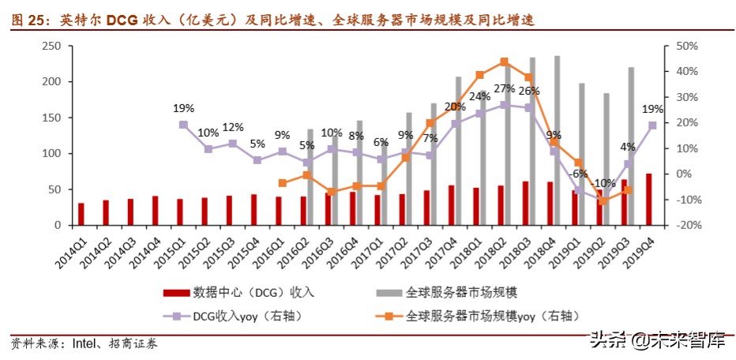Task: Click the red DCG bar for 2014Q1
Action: [x=81, y=214]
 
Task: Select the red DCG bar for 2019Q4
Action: [x=649, y=200]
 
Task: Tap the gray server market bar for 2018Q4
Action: [x=558, y=141]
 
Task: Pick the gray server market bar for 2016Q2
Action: [x=310, y=177]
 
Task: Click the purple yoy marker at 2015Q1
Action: [x=183, y=125]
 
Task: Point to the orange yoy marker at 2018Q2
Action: [x=504, y=62]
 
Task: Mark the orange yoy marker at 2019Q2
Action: [x=603, y=201]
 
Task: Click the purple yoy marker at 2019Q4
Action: [x=652, y=125]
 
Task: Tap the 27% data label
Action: [x=504, y=88]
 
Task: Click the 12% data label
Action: [x=232, y=127]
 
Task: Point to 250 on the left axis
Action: [x=51, y=47]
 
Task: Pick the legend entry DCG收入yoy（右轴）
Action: [x=248, y=316]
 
